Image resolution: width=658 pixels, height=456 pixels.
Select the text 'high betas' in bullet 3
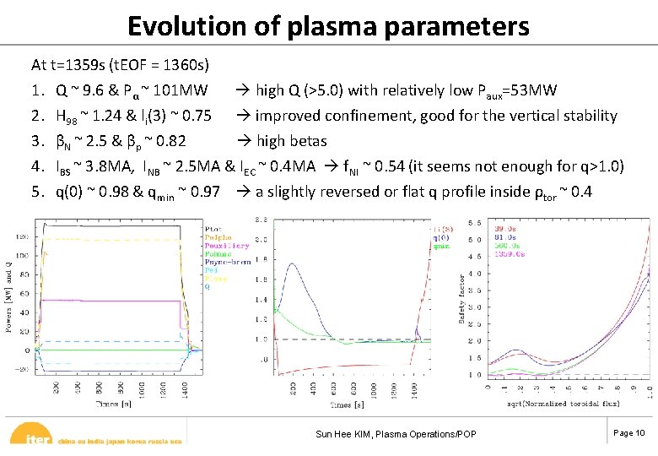coord(291,141)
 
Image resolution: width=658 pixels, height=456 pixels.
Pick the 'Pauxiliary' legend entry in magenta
coord(226,246)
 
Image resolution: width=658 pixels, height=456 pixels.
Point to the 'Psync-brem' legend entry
coord(227,262)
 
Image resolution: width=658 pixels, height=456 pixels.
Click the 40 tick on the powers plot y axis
coord(26,312)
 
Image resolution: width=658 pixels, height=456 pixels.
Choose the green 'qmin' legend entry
coord(441,246)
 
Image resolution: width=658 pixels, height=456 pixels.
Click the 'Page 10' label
coord(628,433)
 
